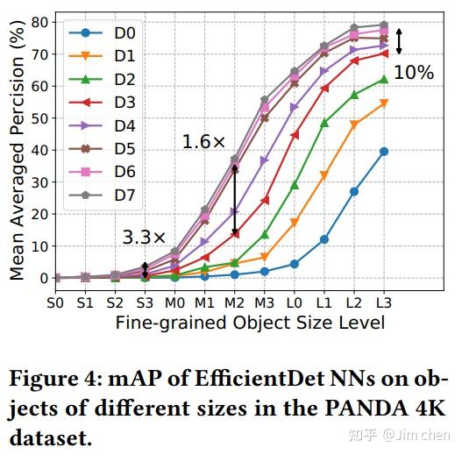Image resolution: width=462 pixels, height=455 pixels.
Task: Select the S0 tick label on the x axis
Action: pos(56,302)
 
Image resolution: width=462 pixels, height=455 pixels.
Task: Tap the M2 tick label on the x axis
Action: pos(235,302)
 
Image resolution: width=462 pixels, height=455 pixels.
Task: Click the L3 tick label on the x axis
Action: pos(383,302)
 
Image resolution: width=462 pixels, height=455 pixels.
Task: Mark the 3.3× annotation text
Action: pos(144,238)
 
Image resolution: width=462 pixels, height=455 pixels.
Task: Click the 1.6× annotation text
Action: pos(203,141)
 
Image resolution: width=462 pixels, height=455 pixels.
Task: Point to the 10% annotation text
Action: pos(413,73)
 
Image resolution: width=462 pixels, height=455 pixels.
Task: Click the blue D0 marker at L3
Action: pos(383,151)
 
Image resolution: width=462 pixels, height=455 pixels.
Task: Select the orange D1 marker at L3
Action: pos(383,103)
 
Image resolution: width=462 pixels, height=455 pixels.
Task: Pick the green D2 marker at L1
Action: pos(324,123)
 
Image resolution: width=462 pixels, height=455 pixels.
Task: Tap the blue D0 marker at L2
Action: pos(354,191)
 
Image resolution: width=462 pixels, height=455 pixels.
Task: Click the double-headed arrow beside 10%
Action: pos(400,42)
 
